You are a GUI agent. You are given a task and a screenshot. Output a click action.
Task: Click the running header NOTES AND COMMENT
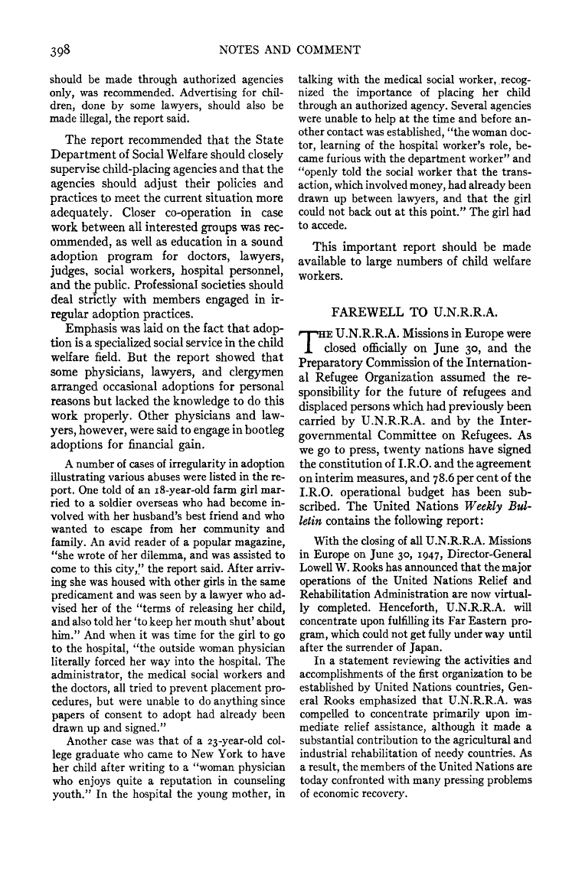pos(289,50)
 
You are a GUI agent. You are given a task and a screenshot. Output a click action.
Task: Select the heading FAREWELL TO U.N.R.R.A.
pos(414,311)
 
